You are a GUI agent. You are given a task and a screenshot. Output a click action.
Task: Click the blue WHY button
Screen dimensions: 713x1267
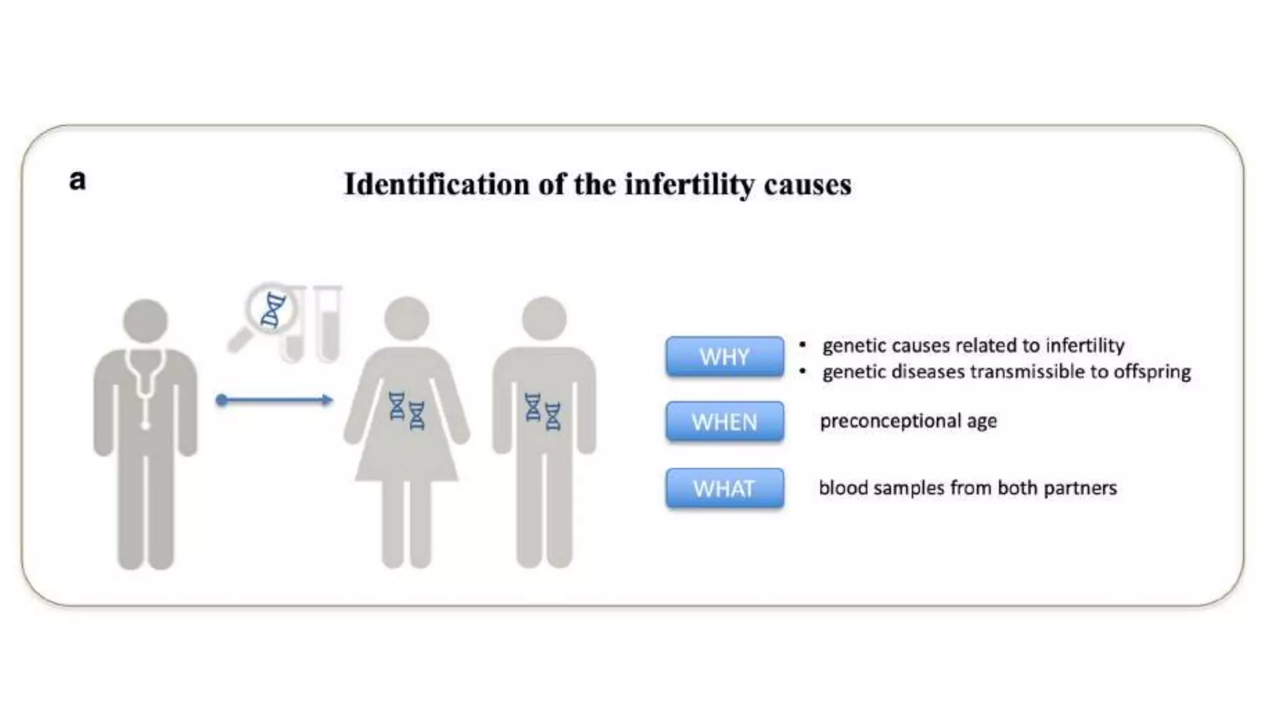click(x=724, y=356)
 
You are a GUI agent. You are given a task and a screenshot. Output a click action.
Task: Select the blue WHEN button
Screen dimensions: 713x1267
click(x=724, y=421)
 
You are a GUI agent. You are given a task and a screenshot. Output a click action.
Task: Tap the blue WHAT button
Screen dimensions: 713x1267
click(x=724, y=488)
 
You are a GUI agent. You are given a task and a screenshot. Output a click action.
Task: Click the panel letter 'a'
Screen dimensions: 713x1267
click(x=77, y=181)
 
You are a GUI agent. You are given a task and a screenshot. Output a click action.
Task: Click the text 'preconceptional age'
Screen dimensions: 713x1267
click(x=908, y=421)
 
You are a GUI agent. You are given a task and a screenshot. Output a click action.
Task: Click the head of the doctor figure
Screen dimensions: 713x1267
click(x=145, y=321)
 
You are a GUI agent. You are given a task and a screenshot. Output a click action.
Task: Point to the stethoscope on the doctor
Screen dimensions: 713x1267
click(x=146, y=384)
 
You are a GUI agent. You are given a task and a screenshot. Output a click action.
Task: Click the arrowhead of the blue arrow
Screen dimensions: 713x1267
click(x=327, y=400)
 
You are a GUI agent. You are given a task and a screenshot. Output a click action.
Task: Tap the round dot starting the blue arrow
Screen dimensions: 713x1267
click(x=221, y=400)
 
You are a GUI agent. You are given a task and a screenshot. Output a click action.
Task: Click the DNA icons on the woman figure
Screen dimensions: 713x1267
click(x=406, y=410)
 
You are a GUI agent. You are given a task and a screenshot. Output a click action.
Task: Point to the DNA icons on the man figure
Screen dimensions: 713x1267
click(x=543, y=410)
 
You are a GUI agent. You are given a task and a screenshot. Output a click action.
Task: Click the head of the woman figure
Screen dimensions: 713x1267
click(x=406, y=318)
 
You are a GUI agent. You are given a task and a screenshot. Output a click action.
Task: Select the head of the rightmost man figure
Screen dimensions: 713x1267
click(x=544, y=318)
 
